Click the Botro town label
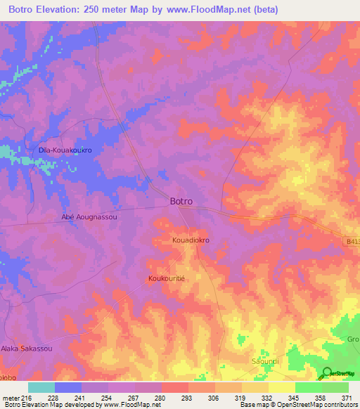[x=181, y=201]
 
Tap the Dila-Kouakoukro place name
[x=65, y=150]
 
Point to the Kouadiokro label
[x=191, y=240]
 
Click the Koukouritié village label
[x=167, y=279]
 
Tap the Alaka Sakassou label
[x=26, y=348]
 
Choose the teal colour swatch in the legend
[x=41, y=387]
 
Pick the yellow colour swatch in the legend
[x=282, y=387]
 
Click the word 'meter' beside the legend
[x=11, y=398]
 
